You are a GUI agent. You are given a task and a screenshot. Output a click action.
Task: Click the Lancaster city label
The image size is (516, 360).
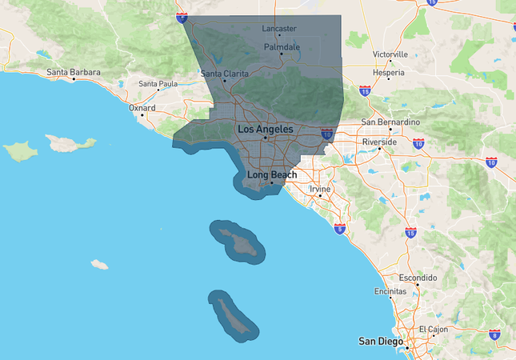click(279, 29)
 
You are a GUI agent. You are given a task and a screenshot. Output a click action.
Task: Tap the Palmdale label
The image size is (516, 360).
click(282, 47)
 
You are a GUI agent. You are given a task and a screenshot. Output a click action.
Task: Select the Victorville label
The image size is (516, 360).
click(390, 54)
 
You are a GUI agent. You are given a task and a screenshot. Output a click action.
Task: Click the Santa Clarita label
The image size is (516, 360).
click(224, 74)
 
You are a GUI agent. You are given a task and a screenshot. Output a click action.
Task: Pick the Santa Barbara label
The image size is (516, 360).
click(74, 73)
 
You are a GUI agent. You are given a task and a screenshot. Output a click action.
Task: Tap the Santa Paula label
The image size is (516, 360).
click(158, 84)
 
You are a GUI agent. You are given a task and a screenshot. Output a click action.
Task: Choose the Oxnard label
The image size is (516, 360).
click(142, 106)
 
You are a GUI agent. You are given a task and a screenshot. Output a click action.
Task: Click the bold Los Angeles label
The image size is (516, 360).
click(265, 129)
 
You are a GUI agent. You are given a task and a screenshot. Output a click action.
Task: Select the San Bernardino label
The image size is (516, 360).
click(390, 122)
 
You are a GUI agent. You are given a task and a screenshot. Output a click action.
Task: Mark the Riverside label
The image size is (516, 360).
click(379, 142)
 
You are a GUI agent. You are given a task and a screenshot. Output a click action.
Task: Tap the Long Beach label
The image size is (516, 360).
click(272, 174)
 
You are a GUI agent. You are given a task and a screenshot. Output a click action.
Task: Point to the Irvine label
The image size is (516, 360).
click(320, 189)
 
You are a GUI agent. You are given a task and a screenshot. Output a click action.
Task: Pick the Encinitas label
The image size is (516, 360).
click(390, 292)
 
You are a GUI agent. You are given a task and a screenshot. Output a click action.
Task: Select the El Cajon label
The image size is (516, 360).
click(434, 330)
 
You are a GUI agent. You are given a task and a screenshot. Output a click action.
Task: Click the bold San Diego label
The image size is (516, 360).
click(380, 342)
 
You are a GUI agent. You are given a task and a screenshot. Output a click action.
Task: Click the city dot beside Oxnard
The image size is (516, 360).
click(142, 114)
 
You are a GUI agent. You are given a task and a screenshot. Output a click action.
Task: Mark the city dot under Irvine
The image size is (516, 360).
click(320, 196)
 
